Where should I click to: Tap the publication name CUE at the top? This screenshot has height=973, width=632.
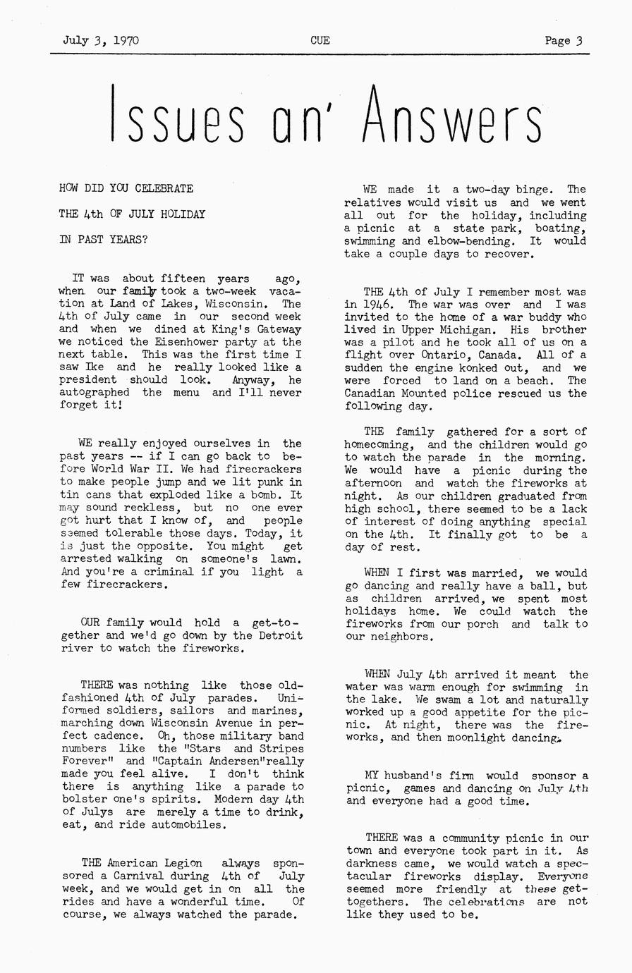[x=320, y=41]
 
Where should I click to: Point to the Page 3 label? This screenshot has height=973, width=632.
[x=563, y=41]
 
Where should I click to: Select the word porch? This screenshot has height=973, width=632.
[x=482, y=624]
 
